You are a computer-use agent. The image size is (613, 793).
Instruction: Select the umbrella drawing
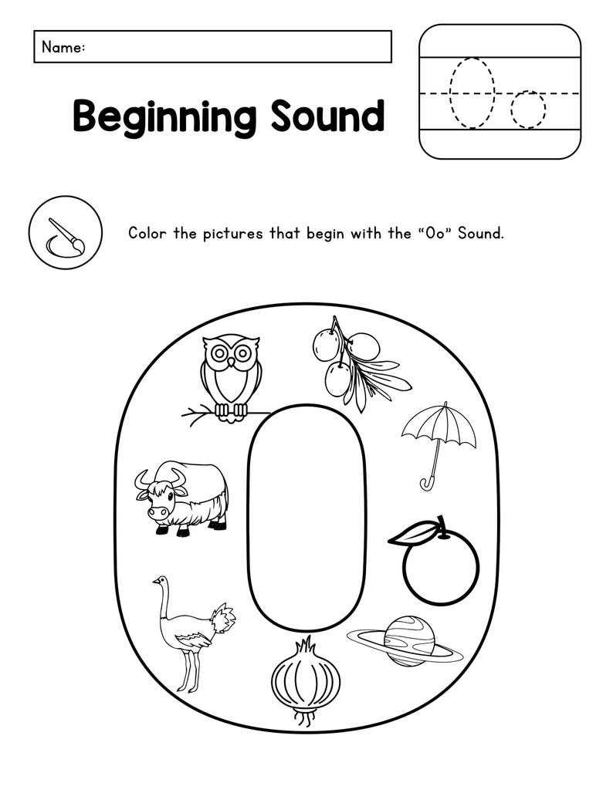[x=439, y=437]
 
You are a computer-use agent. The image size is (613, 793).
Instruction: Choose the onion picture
[x=306, y=680]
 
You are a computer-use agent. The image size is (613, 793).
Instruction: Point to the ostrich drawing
[x=189, y=633]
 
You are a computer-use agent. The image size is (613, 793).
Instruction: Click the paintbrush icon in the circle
[x=66, y=233]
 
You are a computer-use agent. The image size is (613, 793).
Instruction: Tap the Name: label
[x=63, y=47]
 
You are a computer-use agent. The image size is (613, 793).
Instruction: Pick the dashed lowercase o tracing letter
[x=528, y=109]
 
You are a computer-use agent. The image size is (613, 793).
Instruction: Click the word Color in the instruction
[x=147, y=233]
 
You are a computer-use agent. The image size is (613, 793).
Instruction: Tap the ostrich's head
[x=159, y=580]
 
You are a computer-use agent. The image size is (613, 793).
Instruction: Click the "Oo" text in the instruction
[x=432, y=233]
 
